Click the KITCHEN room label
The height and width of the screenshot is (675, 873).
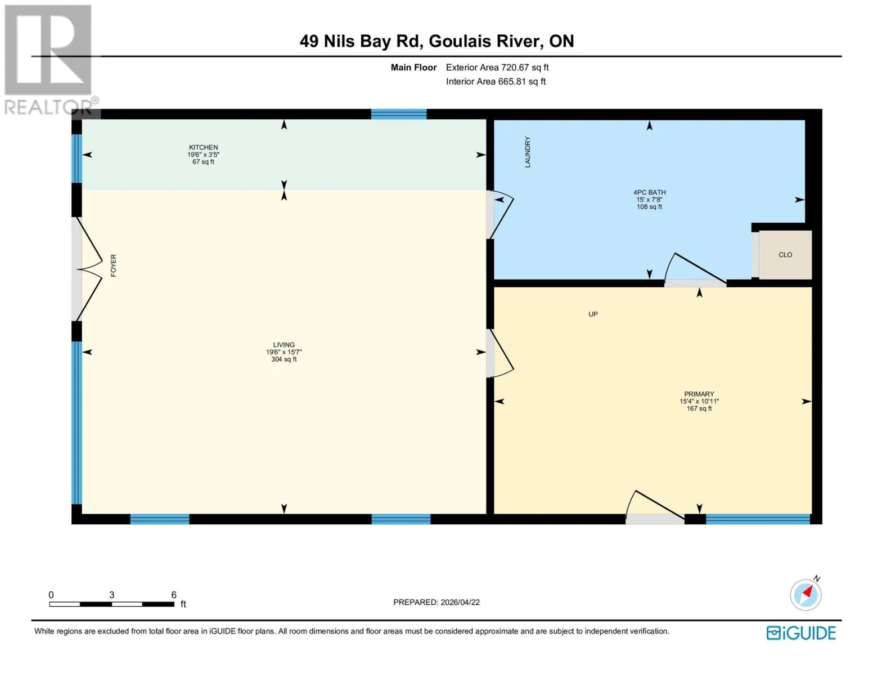click(x=203, y=147)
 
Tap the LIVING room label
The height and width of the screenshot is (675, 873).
click(x=283, y=344)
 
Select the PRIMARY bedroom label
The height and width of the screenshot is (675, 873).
click(x=699, y=394)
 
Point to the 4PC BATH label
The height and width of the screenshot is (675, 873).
click(x=649, y=192)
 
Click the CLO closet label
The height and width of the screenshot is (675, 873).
click(x=785, y=255)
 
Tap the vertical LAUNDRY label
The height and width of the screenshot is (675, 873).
click(x=528, y=152)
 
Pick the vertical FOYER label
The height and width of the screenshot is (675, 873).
click(x=113, y=265)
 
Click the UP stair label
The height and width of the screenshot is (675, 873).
click(x=593, y=314)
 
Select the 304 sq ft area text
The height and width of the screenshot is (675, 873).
click(x=283, y=359)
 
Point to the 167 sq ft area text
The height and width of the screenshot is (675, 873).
click(x=699, y=408)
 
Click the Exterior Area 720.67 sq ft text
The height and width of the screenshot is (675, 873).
click(x=497, y=67)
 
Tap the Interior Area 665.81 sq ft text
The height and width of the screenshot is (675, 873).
click(x=496, y=82)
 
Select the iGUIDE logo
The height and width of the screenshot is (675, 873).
click(x=800, y=633)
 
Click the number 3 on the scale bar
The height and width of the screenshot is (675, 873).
click(x=112, y=595)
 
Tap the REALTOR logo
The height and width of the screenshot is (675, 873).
click(x=49, y=60)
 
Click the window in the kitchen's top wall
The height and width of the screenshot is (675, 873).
click(x=399, y=114)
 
